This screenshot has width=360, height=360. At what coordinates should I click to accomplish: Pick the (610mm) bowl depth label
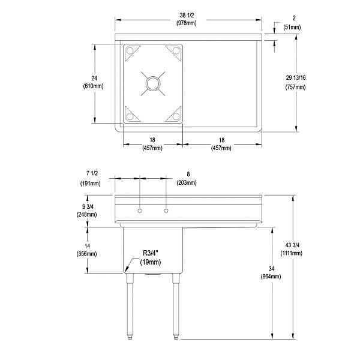(x=93, y=87)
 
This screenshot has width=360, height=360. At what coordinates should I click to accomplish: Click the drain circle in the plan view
(x=152, y=83)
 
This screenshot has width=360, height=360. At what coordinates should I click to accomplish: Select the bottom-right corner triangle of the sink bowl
(x=175, y=114)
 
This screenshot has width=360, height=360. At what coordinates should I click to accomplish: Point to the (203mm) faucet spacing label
(x=187, y=182)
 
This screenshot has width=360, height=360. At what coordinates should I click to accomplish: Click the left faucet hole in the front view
(x=139, y=211)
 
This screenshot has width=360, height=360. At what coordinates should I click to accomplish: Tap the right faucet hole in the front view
(x=166, y=211)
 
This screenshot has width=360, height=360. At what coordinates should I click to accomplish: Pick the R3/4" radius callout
(x=151, y=253)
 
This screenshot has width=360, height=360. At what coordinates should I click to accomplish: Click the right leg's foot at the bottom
(x=176, y=336)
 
